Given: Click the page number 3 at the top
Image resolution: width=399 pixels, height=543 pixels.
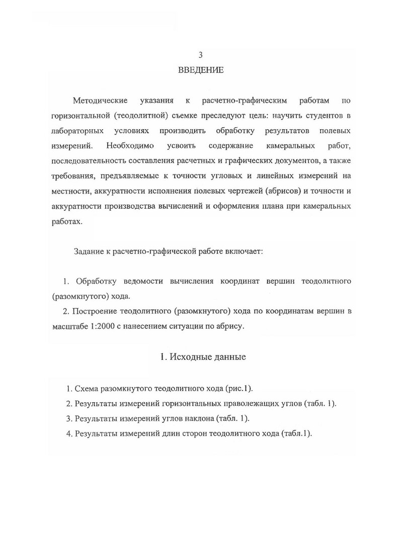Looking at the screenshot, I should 200,55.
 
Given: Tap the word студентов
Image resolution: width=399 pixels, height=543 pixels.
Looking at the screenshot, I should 323,116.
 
